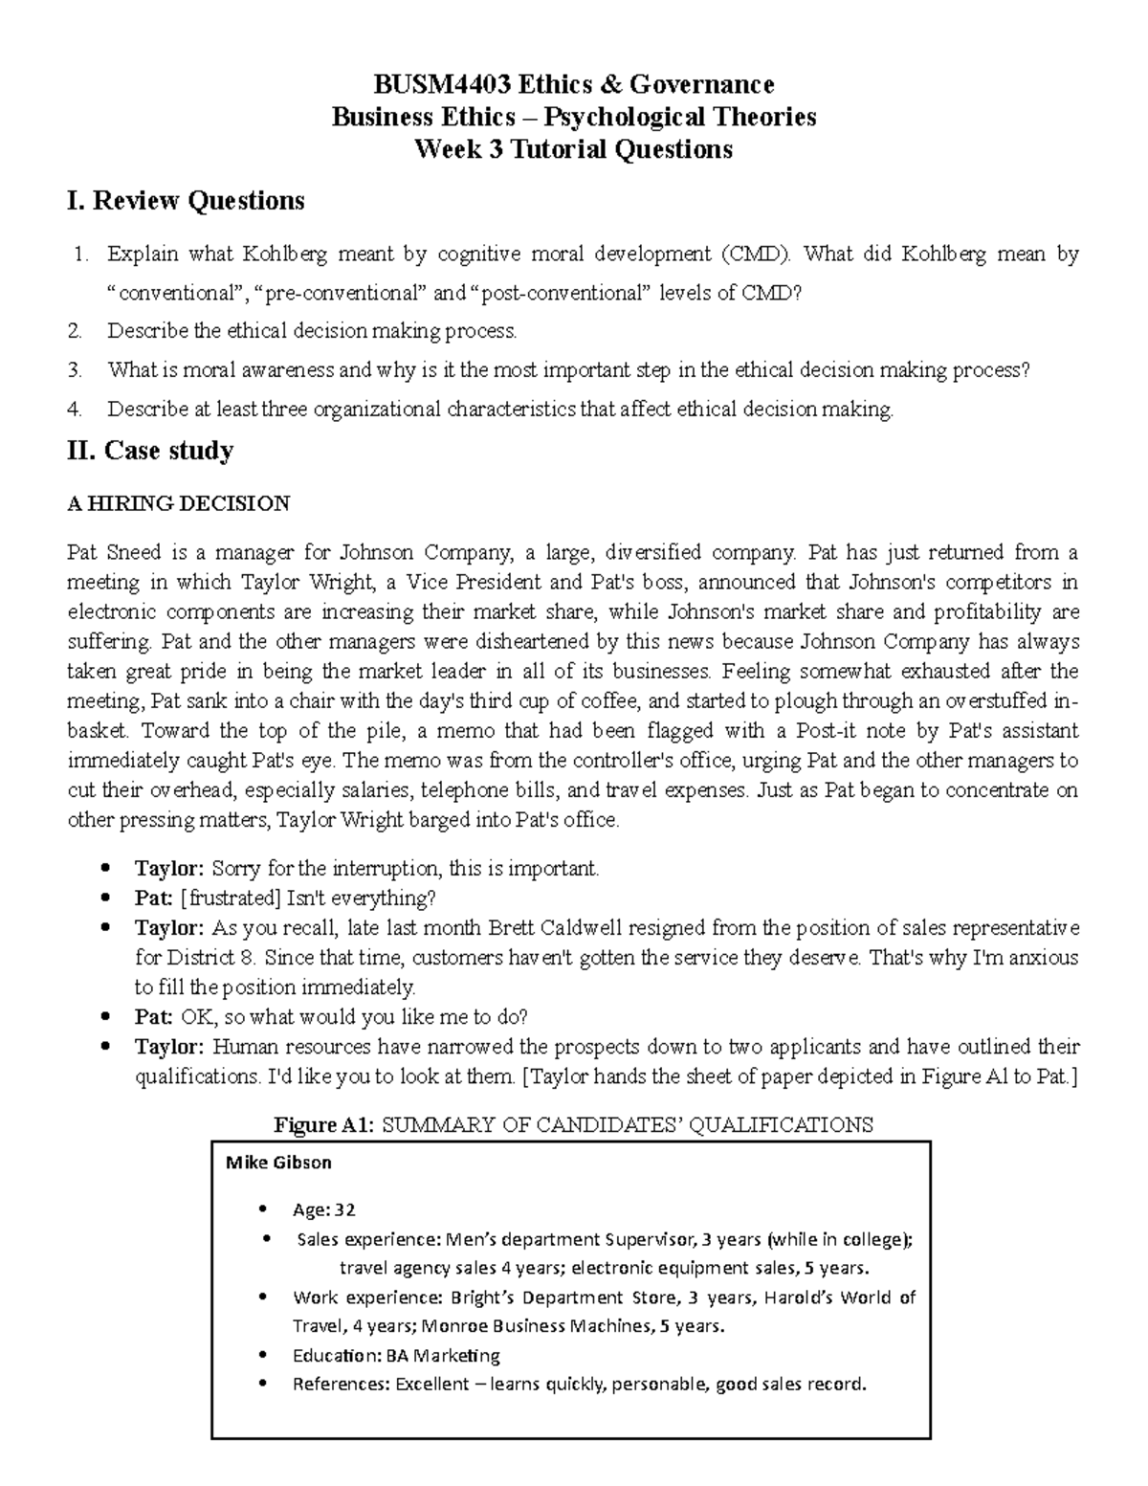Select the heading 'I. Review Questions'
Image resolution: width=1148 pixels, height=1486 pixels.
click(186, 201)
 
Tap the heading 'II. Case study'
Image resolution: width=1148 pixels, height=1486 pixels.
click(150, 451)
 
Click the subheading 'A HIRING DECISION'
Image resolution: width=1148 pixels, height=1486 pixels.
click(178, 503)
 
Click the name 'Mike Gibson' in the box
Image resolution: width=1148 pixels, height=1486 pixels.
click(278, 1163)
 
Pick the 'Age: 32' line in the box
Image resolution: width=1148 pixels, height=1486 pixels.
click(323, 1210)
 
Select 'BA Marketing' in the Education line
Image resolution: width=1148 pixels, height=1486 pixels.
click(443, 1355)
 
